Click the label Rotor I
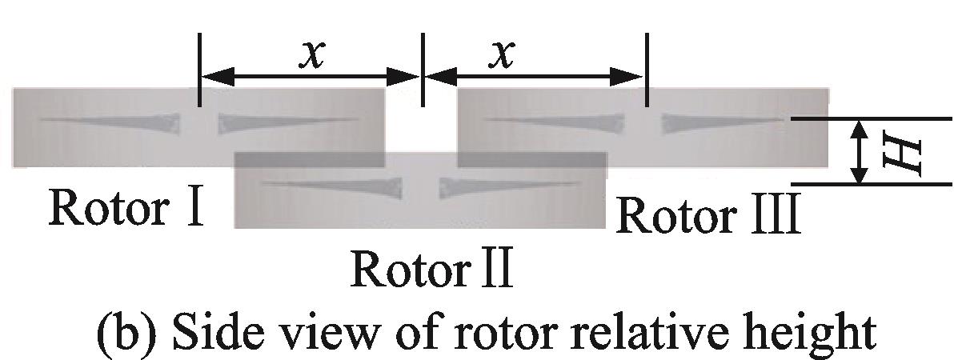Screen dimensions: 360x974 124,207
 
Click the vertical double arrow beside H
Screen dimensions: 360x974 860,151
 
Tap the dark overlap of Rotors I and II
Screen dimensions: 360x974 309,159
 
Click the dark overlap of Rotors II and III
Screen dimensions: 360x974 531,159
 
